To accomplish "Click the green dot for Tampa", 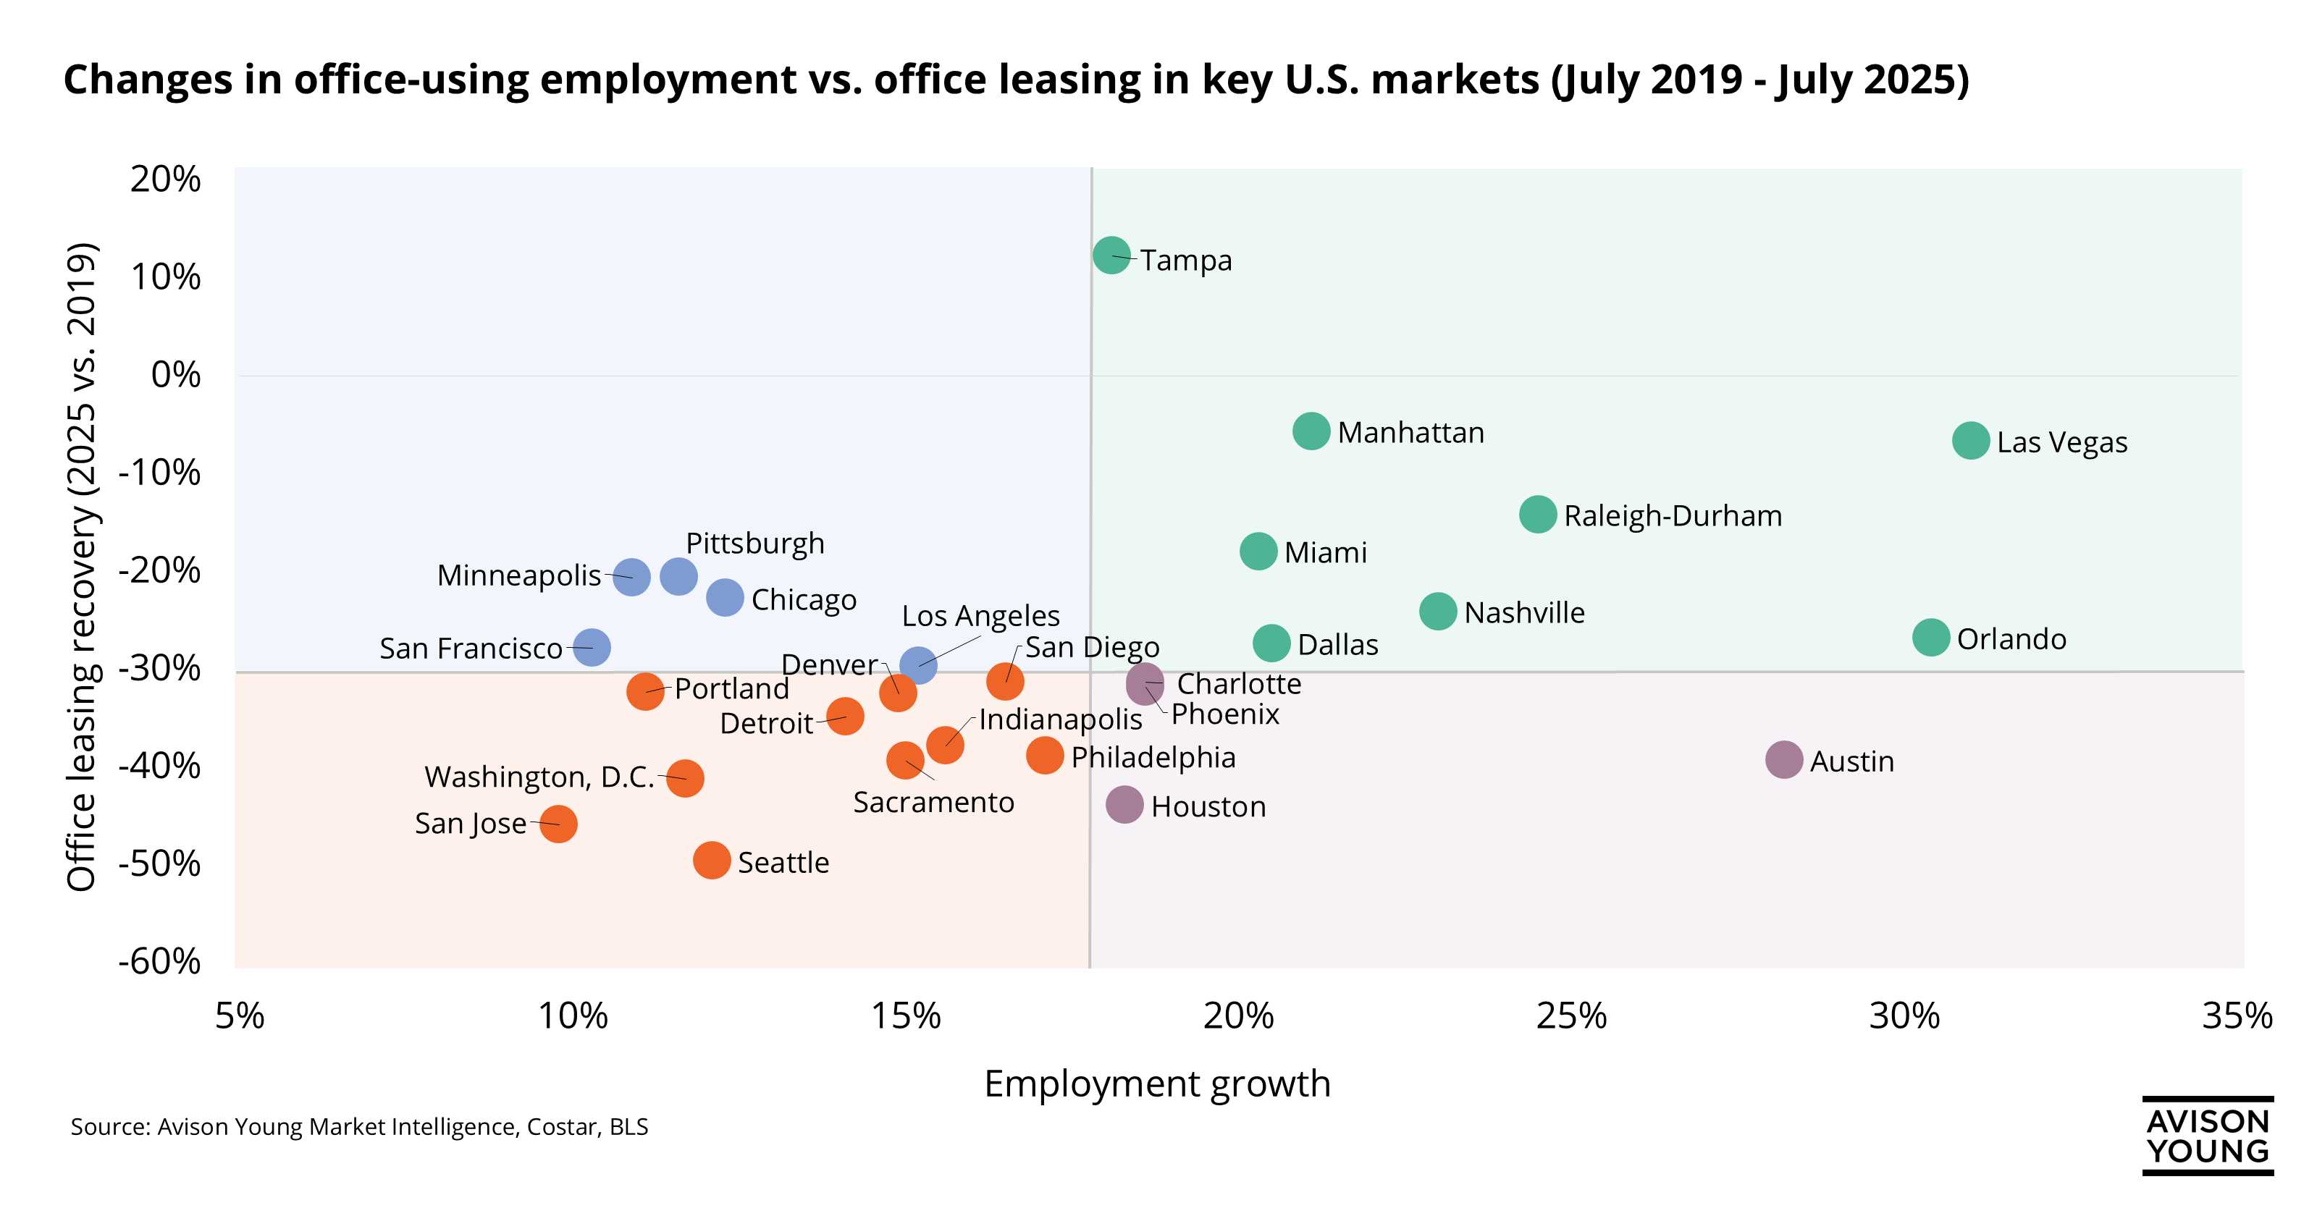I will pyautogui.click(x=1111, y=256).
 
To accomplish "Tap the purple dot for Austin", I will pyautogui.click(x=1783, y=760).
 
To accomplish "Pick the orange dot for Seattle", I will pyautogui.click(x=712, y=861).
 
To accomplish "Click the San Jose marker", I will pyautogui.click(x=558, y=824).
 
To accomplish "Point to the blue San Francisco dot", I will pyautogui.click(x=591, y=646).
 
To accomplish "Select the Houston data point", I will pyautogui.click(x=1124, y=804).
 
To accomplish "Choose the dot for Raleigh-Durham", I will pyautogui.click(x=1538, y=515).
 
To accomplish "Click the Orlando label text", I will pyautogui.click(x=2011, y=639).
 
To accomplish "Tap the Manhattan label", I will pyautogui.click(x=1410, y=433).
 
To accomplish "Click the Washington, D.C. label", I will pyautogui.click(x=539, y=776).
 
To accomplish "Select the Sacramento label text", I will pyautogui.click(x=933, y=801).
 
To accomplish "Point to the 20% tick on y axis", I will pyautogui.click(x=166, y=179).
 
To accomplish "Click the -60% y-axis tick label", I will pyautogui.click(x=160, y=960).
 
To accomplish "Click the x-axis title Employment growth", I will pyautogui.click(x=1157, y=1084).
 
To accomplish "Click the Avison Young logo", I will pyautogui.click(x=2207, y=1136).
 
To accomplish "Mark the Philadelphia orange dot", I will pyautogui.click(x=1044, y=755).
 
